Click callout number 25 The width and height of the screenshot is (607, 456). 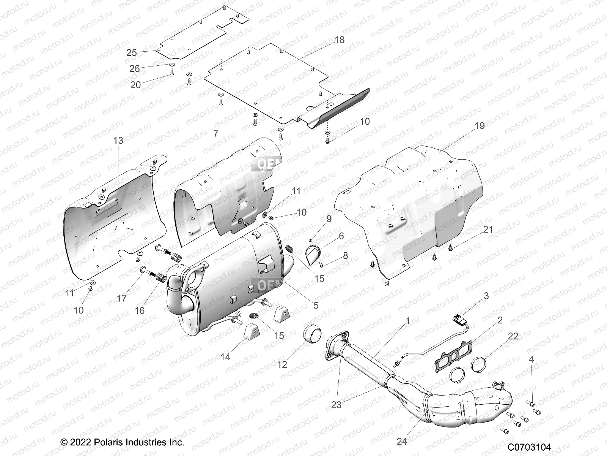[x=131, y=52]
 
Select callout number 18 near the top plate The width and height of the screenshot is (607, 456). [x=340, y=40]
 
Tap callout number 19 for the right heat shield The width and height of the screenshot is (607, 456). [x=480, y=126]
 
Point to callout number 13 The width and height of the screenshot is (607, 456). [x=118, y=141]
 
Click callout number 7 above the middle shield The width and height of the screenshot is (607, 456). [x=216, y=134]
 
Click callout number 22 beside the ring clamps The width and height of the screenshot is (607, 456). [x=513, y=336]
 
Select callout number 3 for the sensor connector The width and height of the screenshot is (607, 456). [x=486, y=296]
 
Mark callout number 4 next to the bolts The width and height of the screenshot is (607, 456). [x=531, y=359]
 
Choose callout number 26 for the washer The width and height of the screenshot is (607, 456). [x=135, y=69]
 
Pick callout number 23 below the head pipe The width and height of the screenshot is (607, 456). [x=336, y=405]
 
